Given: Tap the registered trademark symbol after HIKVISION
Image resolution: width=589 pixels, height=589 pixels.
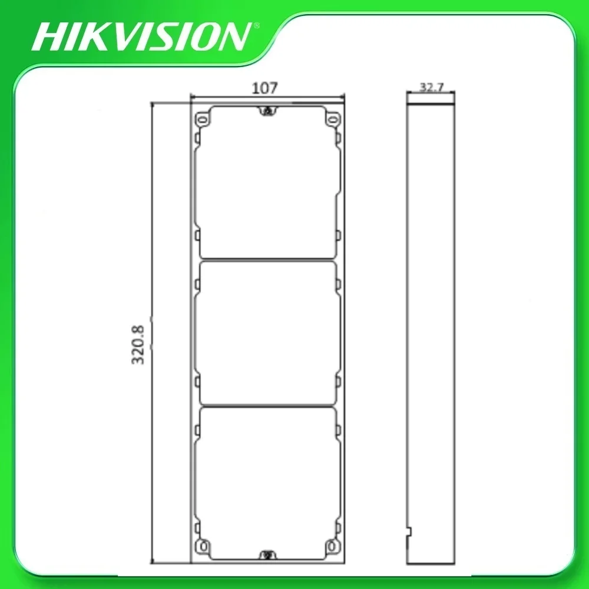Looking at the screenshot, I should point(256,25).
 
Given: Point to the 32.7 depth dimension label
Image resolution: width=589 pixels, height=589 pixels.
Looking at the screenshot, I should point(431,87).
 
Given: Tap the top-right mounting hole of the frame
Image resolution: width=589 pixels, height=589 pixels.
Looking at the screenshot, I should point(333,120).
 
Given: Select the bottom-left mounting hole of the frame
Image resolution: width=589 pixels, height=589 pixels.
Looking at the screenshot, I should point(204,546).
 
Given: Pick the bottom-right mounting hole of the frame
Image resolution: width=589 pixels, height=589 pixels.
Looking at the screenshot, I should point(333,546).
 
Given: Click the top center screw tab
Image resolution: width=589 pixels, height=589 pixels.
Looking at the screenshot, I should point(268,111).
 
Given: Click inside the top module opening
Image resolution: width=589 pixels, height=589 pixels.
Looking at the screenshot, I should point(268,183).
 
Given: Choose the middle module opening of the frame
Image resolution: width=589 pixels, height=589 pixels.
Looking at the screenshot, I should point(268,333).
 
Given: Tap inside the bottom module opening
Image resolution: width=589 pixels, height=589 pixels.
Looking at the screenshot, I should point(268,480).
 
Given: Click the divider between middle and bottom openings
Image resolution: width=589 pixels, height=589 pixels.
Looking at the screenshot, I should point(268,405).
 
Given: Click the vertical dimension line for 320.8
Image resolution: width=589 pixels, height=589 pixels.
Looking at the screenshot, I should point(153,236).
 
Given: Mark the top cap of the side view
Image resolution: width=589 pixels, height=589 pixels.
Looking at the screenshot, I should point(431,100).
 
